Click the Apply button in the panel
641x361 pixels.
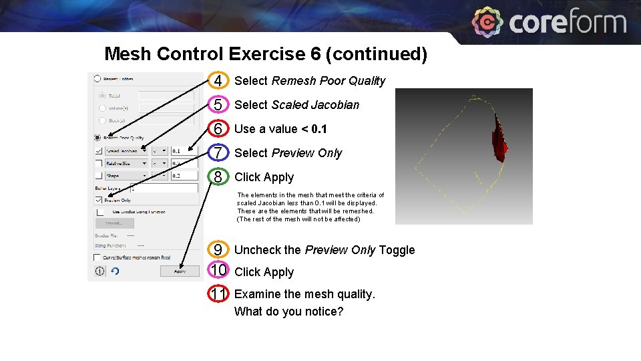(180, 271)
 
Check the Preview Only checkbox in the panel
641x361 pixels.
(98, 200)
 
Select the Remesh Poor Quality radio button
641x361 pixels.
(98, 138)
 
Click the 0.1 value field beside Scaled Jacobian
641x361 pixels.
(184, 151)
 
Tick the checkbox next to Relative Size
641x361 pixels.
(98, 163)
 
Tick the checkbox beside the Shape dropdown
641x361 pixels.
(98, 176)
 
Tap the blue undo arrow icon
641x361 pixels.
(115, 271)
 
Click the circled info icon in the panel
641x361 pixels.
(99, 271)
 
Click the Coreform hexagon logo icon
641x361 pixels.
(487, 23)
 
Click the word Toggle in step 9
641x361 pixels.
(397, 250)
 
